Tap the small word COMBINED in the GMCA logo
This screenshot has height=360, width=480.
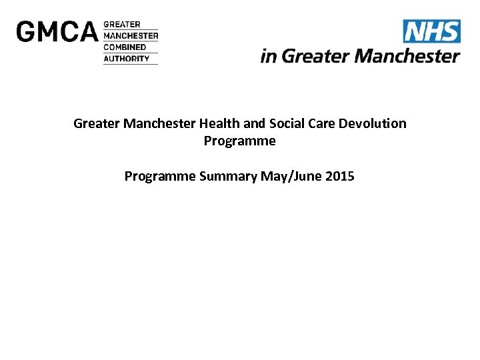pos(125,47)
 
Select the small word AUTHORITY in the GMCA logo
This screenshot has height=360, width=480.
pos(126,59)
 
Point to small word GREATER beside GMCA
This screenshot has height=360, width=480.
pos(122,25)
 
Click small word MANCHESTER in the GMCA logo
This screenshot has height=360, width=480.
pos(131,36)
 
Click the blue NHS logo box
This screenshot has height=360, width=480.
pos(431,31)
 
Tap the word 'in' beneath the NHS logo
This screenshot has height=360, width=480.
pos(269,56)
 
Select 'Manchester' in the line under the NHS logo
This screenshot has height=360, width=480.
pos(407,56)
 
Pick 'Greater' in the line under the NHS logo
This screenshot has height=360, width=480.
pos(316,56)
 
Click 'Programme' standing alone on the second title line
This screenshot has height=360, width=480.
pos(239,141)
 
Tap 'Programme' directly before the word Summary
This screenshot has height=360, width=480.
pos(160,177)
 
